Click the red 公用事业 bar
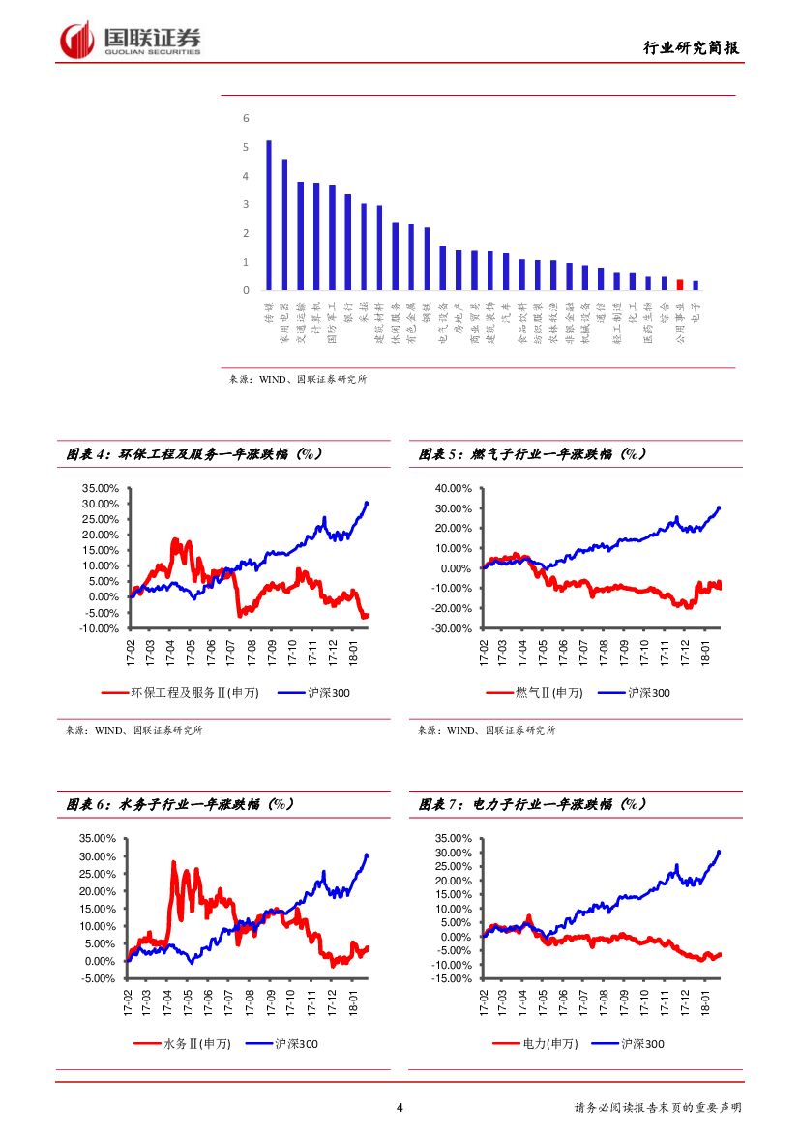click(680, 284)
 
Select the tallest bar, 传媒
click(269, 216)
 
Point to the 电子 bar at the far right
click(696, 285)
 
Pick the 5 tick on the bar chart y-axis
click(246, 147)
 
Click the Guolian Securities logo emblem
click(76, 40)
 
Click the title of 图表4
click(193, 453)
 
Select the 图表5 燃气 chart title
click(533, 453)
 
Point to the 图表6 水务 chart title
click(180, 804)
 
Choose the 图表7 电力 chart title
click(533, 804)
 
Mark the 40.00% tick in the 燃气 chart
click(455, 488)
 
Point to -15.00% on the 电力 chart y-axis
click(451, 979)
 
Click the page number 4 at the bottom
click(400, 1108)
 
